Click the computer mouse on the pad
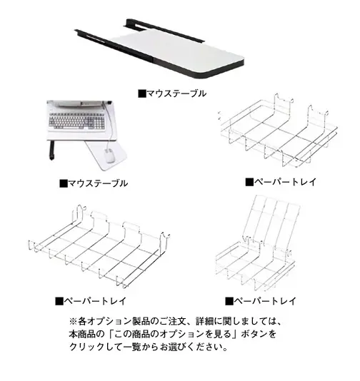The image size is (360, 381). [109, 156]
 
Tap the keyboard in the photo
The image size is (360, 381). [77, 121]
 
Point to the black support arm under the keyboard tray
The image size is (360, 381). [51, 150]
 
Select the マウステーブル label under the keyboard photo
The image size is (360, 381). [94, 183]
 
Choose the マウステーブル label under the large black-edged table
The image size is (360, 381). [172, 93]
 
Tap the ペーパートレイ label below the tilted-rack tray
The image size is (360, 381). [261, 301]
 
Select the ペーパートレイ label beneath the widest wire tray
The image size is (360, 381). [91, 301]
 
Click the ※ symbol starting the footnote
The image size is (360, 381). [73, 322]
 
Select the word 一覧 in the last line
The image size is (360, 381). [132, 347]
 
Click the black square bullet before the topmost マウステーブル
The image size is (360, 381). [142, 93]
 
